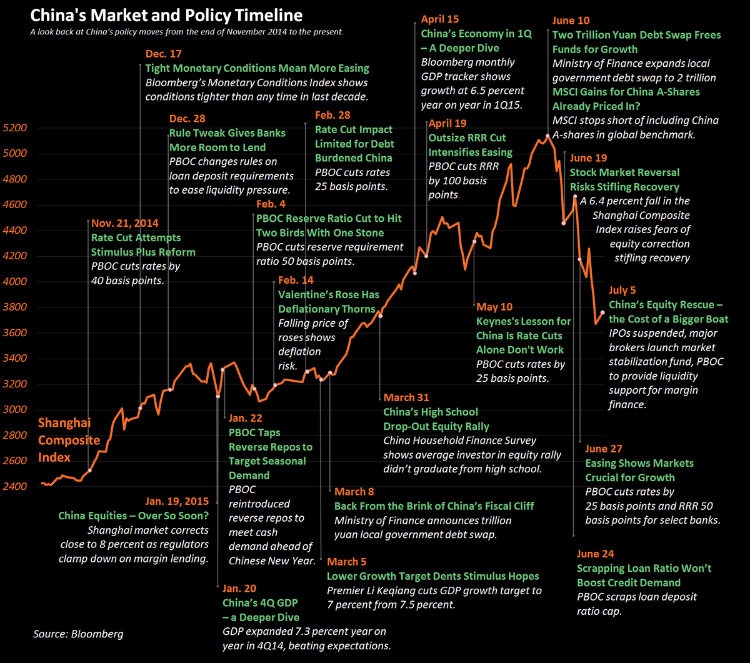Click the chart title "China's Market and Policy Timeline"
[166, 16]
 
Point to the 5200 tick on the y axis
[15, 128]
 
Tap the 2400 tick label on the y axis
[15, 486]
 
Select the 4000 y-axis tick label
[15, 282]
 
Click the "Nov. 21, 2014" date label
[125, 223]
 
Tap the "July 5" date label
[622, 290]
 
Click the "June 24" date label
[596, 554]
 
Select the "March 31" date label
[406, 397]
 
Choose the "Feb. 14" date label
[296, 280]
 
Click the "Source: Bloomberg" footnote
[78, 634]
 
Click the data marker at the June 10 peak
[547, 136]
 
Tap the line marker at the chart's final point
[602, 312]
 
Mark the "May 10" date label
[494, 307]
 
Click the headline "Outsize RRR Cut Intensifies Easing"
[470, 145]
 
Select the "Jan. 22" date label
[246, 418]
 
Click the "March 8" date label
[354, 491]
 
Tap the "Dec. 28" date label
[187, 118]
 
